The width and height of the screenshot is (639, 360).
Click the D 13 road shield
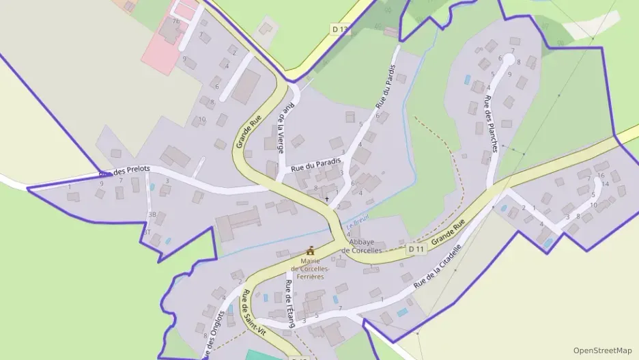coord(339,29)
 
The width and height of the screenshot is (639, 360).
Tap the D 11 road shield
coord(416,249)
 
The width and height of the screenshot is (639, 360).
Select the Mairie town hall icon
coord(311,251)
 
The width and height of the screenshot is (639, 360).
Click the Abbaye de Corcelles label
coord(361,247)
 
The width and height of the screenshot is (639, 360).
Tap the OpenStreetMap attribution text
coord(602,350)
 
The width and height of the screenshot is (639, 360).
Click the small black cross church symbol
coord(326,199)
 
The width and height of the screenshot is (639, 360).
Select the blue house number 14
coord(605,184)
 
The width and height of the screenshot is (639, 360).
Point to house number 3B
coord(152,214)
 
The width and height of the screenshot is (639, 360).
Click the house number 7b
coord(175,21)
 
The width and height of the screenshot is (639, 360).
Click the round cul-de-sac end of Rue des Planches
coord(509,59)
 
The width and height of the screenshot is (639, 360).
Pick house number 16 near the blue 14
coord(601,176)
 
